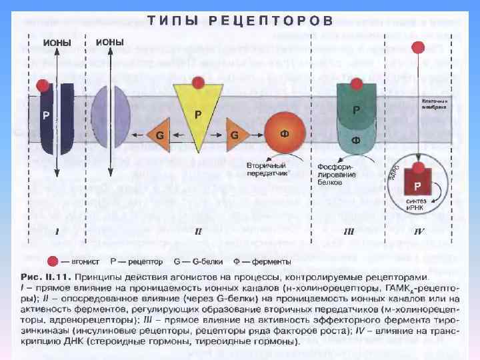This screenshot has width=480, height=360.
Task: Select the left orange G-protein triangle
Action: [x=158, y=135]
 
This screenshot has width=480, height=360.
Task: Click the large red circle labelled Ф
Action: [x=285, y=133]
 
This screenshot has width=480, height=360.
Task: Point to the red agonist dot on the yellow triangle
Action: [x=197, y=82]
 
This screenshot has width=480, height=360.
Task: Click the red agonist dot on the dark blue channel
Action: [x=43, y=85]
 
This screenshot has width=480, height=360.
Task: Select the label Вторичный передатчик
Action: [x=266, y=169]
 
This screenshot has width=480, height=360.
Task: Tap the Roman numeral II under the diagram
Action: [x=198, y=233]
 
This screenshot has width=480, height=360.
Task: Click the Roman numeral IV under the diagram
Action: [x=419, y=233]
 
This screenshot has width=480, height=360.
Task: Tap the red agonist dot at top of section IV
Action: [x=418, y=48]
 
